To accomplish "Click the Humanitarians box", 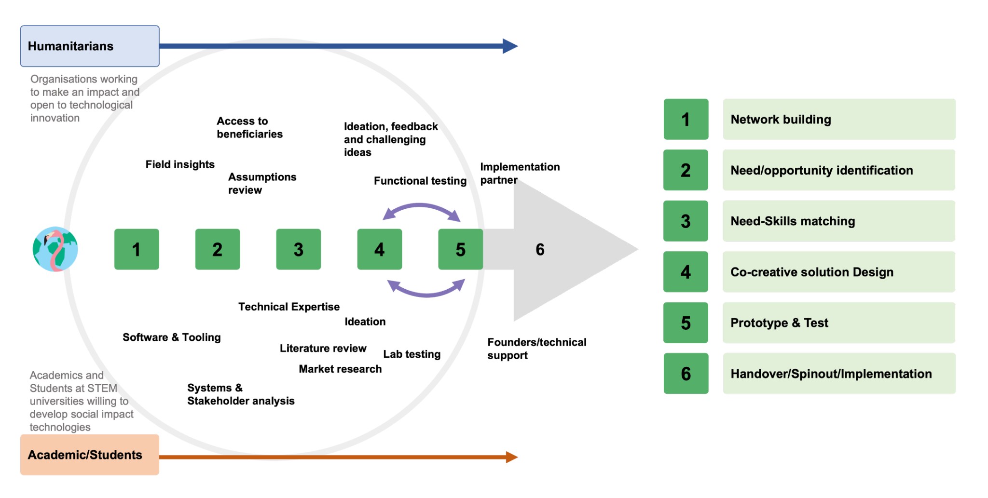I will (x=90, y=46).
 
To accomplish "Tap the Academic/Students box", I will (x=90, y=455).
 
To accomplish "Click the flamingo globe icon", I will (x=55, y=249).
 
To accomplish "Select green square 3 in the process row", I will (x=298, y=249).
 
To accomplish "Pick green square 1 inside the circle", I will (x=137, y=249).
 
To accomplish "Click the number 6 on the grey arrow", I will (x=540, y=249).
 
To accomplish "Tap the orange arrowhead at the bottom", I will (x=511, y=457).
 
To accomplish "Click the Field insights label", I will (x=180, y=164).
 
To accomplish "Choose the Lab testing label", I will (x=412, y=354).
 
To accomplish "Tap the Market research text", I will (x=340, y=369).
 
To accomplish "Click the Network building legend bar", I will (x=839, y=120).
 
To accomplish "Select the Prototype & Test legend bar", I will (x=839, y=323).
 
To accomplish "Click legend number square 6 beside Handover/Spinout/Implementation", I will (x=686, y=374).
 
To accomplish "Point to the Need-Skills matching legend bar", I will (x=839, y=221).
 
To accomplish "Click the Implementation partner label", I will (x=519, y=173).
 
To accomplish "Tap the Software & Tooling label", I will (x=172, y=337).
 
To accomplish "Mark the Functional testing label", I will (x=420, y=181).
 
